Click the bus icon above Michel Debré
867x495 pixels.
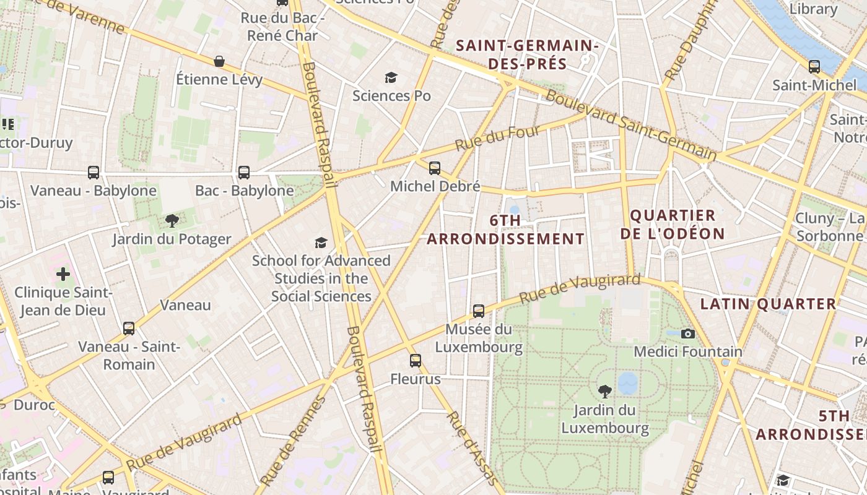(x=435, y=168)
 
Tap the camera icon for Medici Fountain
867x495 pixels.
(x=687, y=334)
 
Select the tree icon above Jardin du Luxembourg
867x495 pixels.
(x=605, y=391)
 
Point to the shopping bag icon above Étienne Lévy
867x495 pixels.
(x=219, y=61)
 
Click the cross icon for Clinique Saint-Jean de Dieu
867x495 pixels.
(x=63, y=273)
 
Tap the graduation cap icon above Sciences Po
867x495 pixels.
(x=391, y=77)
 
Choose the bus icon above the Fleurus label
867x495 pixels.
(x=416, y=360)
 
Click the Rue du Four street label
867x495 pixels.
(x=498, y=139)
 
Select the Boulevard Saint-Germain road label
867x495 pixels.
(x=630, y=126)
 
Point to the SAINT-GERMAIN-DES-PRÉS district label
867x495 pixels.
(x=527, y=54)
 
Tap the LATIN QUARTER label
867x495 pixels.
(x=768, y=304)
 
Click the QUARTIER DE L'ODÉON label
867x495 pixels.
(x=673, y=225)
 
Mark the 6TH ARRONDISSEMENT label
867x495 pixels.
(x=505, y=230)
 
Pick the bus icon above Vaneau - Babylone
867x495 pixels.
(x=94, y=172)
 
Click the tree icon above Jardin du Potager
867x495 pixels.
(x=172, y=220)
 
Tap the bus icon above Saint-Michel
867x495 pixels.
(x=814, y=66)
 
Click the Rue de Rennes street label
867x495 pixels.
(x=293, y=441)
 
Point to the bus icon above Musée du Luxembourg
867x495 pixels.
(x=479, y=311)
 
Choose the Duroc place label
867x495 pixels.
(x=34, y=405)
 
